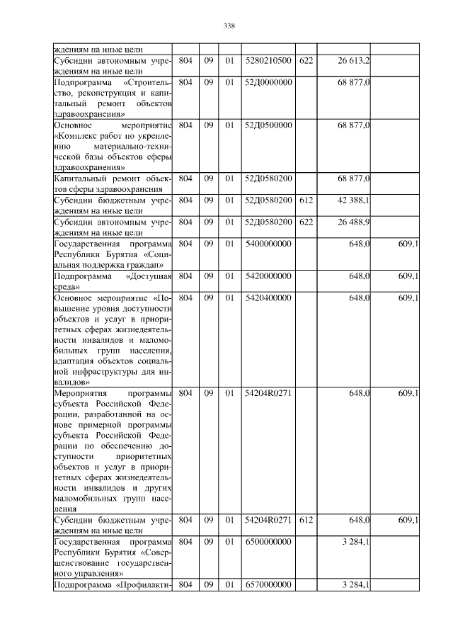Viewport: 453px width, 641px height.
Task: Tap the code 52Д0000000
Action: [268, 83]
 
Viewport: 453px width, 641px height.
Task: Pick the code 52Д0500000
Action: [268, 124]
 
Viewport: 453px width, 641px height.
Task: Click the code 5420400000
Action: [268, 298]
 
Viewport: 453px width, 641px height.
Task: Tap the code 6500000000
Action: [268, 542]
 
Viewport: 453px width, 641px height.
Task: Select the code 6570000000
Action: [268, 585]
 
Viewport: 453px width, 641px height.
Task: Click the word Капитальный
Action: [80, 178]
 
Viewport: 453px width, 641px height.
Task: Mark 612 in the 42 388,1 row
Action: [306, 200]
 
